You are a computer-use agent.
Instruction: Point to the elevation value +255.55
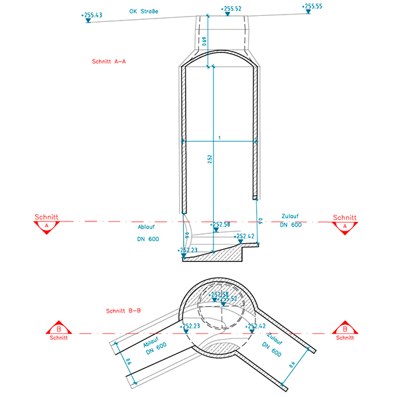(x=312, y=6)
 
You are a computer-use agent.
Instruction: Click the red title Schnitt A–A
(x=109, y=62)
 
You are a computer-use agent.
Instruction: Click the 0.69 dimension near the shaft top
(x=205, y=41)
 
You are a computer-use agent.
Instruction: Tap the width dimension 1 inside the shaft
(x=220, y=137)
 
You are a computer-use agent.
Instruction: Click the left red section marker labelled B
(x=58, y=329)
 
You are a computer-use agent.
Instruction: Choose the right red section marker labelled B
(x=344, y=329)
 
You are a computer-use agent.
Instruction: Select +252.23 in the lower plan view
(x=190, y=326)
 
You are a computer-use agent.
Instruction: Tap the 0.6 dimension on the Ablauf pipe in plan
(x=129, y=362)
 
